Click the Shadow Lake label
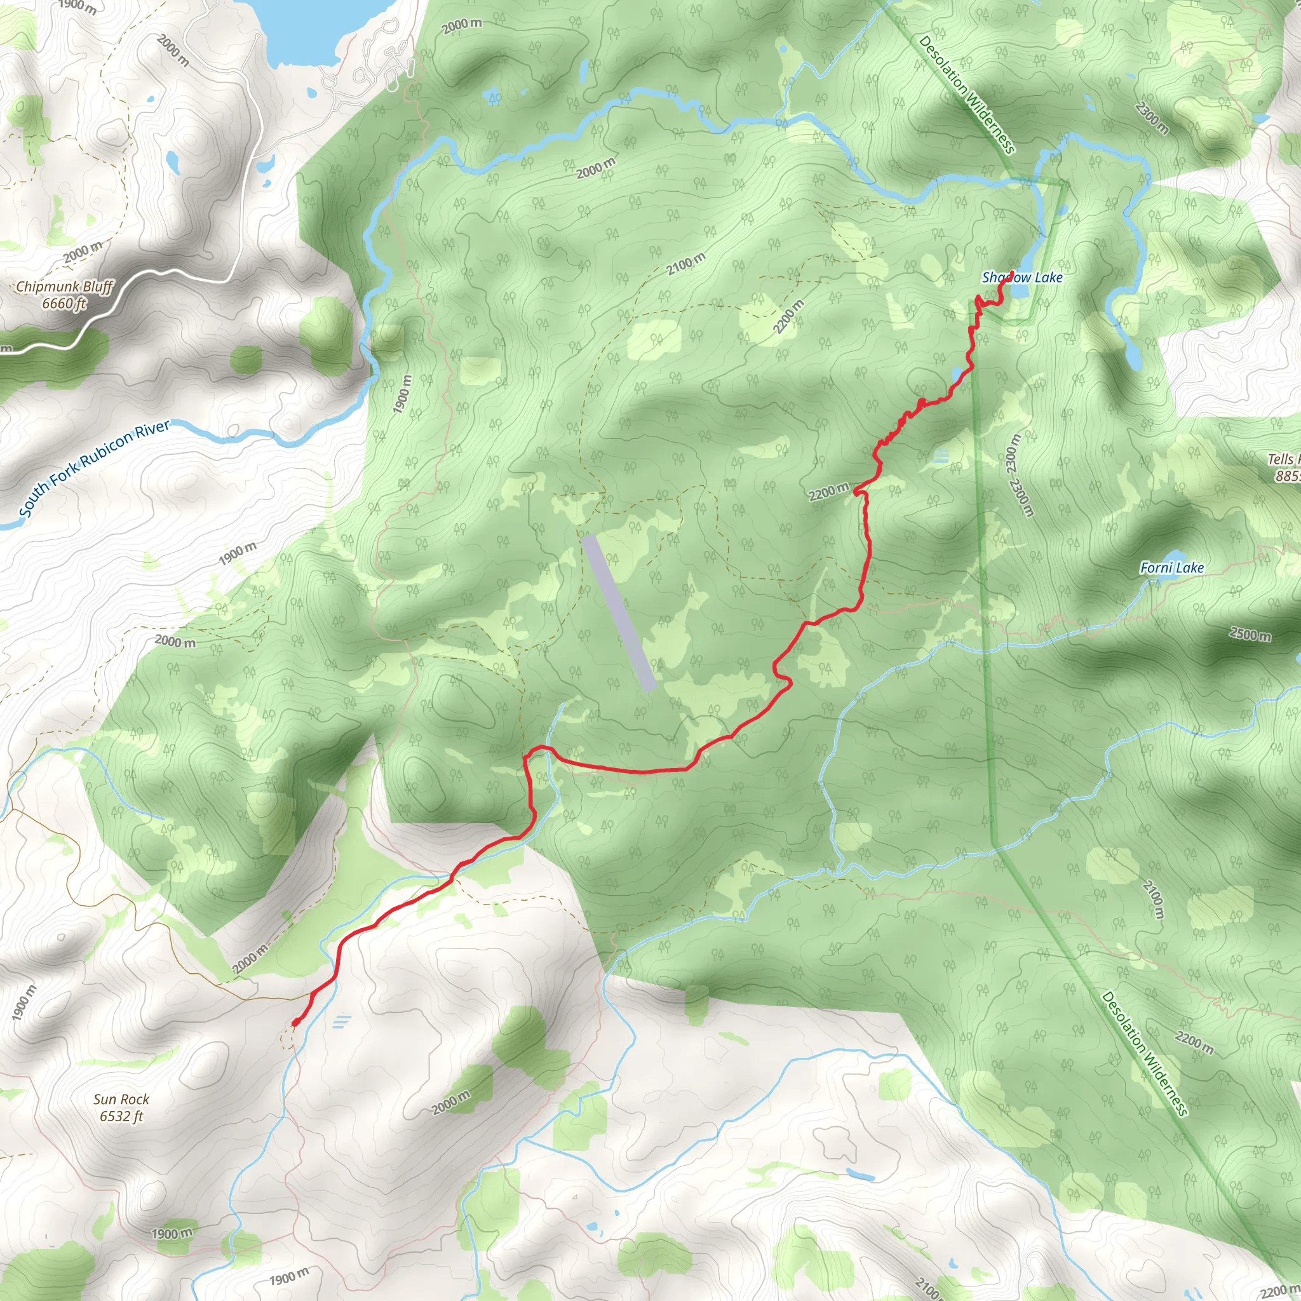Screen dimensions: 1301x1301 click(1021, 278)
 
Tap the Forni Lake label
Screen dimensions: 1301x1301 click(1171, 568)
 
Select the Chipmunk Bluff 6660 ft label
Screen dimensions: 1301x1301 click(65, 295)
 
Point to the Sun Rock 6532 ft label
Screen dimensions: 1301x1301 click(121, 1107)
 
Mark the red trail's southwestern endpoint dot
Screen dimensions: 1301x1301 click(295, 1023)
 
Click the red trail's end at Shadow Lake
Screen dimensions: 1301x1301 click(1011, 272)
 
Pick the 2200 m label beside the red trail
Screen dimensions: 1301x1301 click(828, 492)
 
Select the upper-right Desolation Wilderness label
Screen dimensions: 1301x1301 click(966, 94)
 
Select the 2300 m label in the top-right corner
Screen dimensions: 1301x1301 click(1152, 117)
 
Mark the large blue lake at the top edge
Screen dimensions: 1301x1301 click(303, 27)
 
